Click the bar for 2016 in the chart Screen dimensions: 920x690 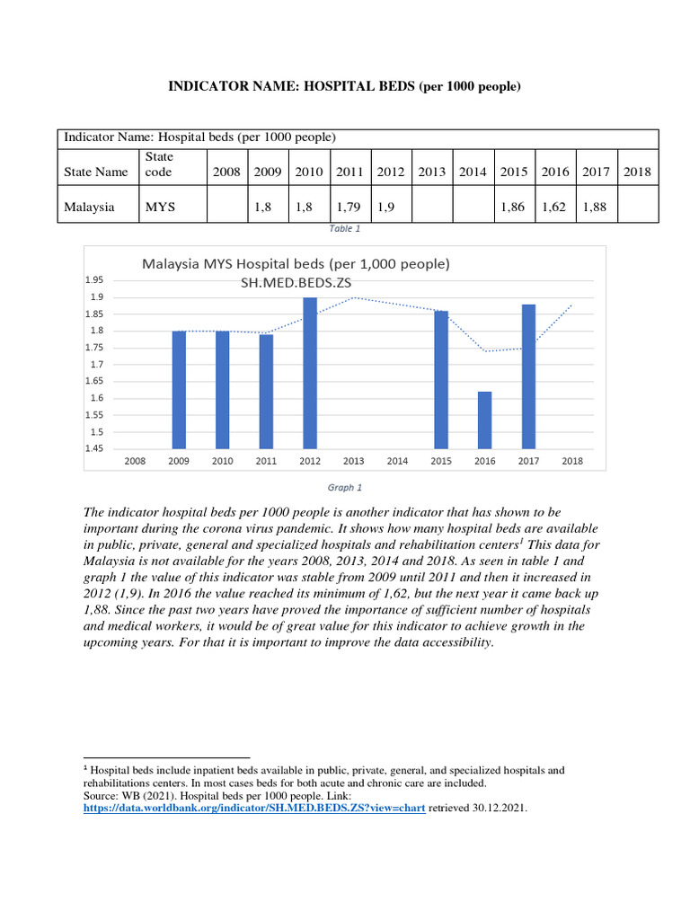(x=484, y=420)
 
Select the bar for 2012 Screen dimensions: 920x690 (x=310, y=373)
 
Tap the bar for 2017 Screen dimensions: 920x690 (x=528, y=376)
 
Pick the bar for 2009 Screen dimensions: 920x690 (x=179, y=390)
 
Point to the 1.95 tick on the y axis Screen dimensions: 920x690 (x=94, y=280)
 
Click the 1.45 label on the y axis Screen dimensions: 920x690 (x=94, y=448)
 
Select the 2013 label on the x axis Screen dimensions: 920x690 (x=353, y=461)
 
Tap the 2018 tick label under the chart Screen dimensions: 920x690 (x=572, y=461)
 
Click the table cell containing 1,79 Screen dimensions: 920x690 (x=349, y=207)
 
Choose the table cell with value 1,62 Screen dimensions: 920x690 (x=555, y=207)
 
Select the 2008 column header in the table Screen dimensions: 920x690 (x=226, y=172)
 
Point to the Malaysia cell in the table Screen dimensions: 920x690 (x=89, y=207)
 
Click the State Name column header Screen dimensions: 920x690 (x=96, y=172)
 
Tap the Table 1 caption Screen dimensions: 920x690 (x=345, y=229)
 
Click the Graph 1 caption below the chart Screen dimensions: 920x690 (x=345, y=488)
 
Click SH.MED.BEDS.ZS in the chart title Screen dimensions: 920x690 (x=296, y=284)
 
